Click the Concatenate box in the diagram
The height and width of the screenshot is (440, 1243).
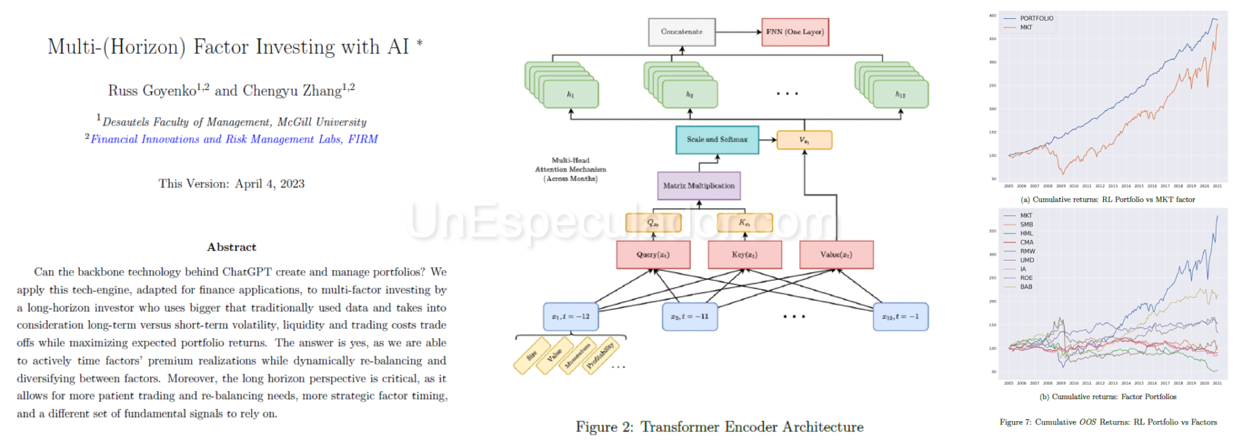click(682, 32)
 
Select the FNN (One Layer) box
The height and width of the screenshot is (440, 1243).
click(794, 32)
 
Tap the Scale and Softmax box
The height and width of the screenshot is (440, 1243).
click(717, 139)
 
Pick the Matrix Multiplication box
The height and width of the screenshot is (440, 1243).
click(699, 186)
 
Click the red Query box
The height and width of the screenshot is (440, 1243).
click(653, 255)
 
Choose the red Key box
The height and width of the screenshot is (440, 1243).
click(745, 255)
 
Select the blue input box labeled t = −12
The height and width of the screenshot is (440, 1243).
click(570, 317)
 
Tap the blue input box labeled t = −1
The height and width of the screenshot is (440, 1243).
click(900, 317)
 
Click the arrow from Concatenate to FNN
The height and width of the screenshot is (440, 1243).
click(738, 32)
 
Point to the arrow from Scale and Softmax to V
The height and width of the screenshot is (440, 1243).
click(768, 139)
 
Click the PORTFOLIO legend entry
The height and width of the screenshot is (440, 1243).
click(1036, 18)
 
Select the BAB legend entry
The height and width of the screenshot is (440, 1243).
click(1026, 286)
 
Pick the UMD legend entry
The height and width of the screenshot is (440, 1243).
click(1027, 260)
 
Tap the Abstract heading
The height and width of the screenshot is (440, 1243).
click(232, 247)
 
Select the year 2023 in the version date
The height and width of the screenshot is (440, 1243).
click(292, 184)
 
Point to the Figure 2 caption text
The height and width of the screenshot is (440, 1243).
click(719, 426)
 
